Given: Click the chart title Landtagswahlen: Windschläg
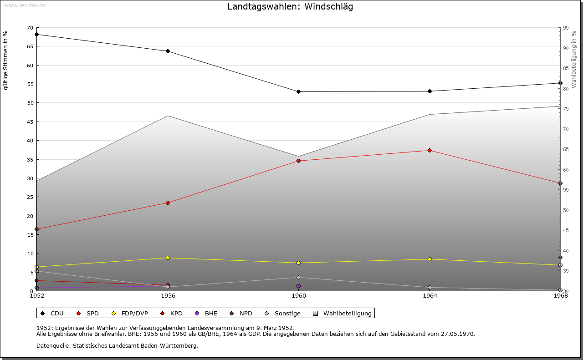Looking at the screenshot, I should [x=290, y=7].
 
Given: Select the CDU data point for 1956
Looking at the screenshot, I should [x=168, y=51].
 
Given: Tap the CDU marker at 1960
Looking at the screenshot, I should [x=298, y=91].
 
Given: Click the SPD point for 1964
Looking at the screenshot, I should [x=430, y=150].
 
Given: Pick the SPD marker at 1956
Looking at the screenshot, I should [x=168, y=203].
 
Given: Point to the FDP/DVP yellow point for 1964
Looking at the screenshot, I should [x=430, y=259].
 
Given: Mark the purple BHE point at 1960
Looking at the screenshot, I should [x=298, y=286].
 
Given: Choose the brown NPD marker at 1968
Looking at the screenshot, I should [x=560, y=257].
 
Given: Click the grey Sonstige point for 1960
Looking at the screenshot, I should [x=298, y=277].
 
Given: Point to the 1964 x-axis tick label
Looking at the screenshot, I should [x=430, y=296].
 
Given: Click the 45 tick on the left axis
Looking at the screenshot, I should [x=31, y=122].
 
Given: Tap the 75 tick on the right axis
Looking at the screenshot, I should [x=566, y=108].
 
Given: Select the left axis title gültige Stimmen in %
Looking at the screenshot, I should [x=5, y=60].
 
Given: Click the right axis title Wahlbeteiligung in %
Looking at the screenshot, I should [x=573, y=59].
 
